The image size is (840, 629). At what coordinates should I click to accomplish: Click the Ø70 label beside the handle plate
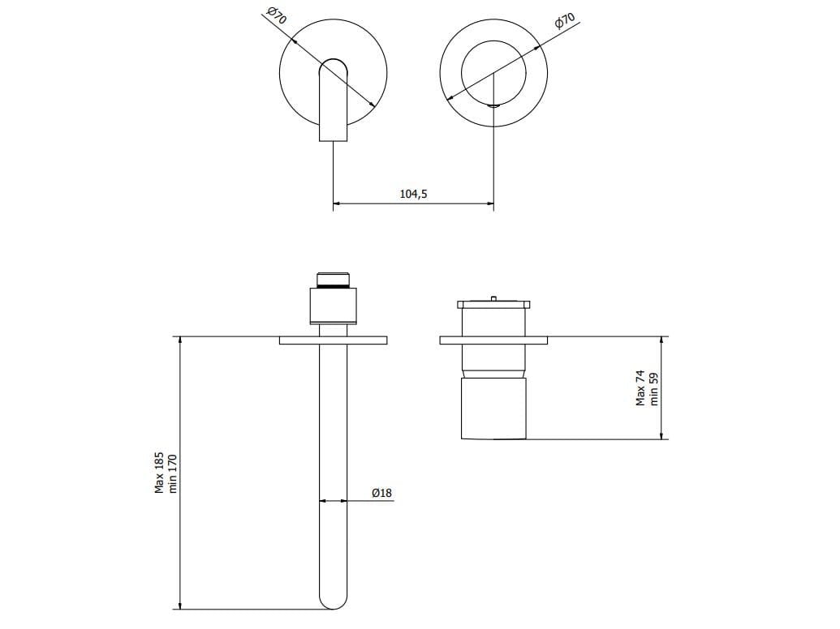pyautogui.click(x=564, y=21)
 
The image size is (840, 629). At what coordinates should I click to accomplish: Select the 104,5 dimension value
pyautogui.click(x=413, y=194)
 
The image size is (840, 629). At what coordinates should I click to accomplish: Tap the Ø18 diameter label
pyautogui.click(x=381, y=493)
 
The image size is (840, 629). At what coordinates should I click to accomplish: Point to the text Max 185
pyautogui.click(x=160, y=473)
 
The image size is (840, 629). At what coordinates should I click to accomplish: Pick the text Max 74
pyautogui.click(x=640, y=388)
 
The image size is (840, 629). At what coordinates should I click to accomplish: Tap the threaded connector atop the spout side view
pyautogui.click(x=333, y=280)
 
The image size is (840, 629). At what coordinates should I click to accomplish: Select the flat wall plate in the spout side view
pyautogui.click(x=333, y=340)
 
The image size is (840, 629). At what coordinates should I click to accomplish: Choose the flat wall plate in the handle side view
pyautogui.click(x=493, y=340)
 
